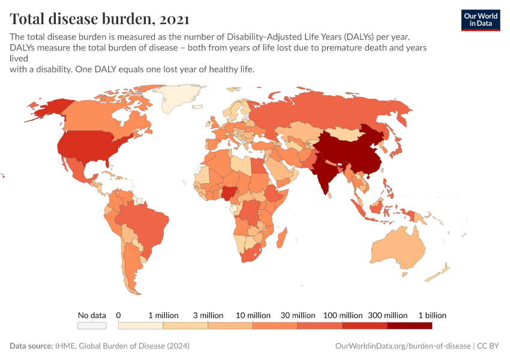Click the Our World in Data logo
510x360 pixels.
pyautogui.click(x=480, y=20)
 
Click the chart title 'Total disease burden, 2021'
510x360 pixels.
pyautogui.click(x=100, y=19)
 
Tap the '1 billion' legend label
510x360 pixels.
pyautogui.click(x=432, y=315)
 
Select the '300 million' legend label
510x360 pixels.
pyautogui.click(x=387, y=315)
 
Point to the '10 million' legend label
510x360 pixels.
pyautogui.click(x=253, y=315)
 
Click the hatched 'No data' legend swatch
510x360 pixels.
pyautogui.click(x=92, y=326)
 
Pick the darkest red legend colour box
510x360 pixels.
pyautogui.click(x=410, y=326)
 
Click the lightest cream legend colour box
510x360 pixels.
pyautogui.click(x=140, y=326)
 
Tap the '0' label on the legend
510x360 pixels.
pyautogui.click(x=119, y=315)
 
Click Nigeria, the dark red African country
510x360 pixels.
pyautogui.click(x=230, y=193)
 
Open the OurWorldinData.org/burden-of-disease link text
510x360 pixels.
pyautogui.click(x=401, y=346)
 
